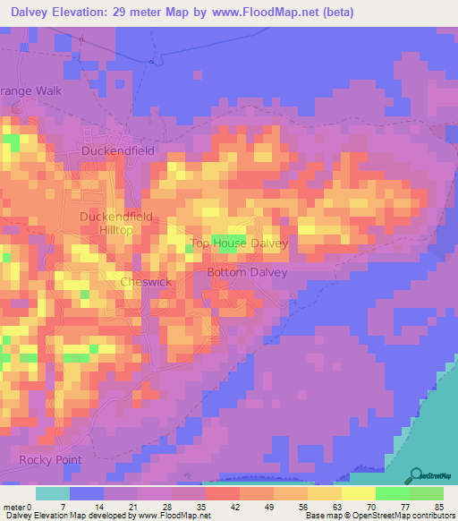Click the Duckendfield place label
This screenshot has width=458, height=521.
point(118,151)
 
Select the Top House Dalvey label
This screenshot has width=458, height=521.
point(240,243)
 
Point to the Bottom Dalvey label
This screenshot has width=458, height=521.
point(247,272)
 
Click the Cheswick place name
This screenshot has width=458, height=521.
point(145,282)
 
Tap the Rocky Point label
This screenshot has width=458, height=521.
point(50,460)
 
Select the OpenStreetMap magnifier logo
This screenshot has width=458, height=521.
point(416,474)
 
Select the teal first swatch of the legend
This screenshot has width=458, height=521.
point(53,493)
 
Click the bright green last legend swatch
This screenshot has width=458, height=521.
point(427,493)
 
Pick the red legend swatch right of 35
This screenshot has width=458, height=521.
point(221,493)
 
